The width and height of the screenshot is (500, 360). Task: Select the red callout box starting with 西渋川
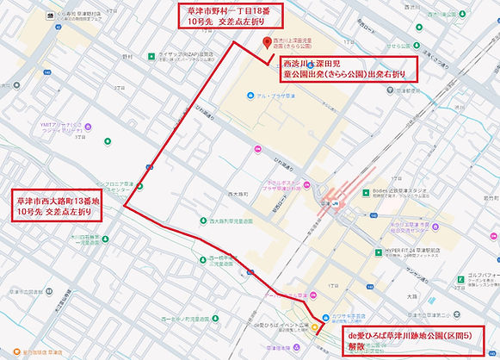tap(347, 69)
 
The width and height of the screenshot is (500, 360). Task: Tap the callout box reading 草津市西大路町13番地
tap(56, 207)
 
